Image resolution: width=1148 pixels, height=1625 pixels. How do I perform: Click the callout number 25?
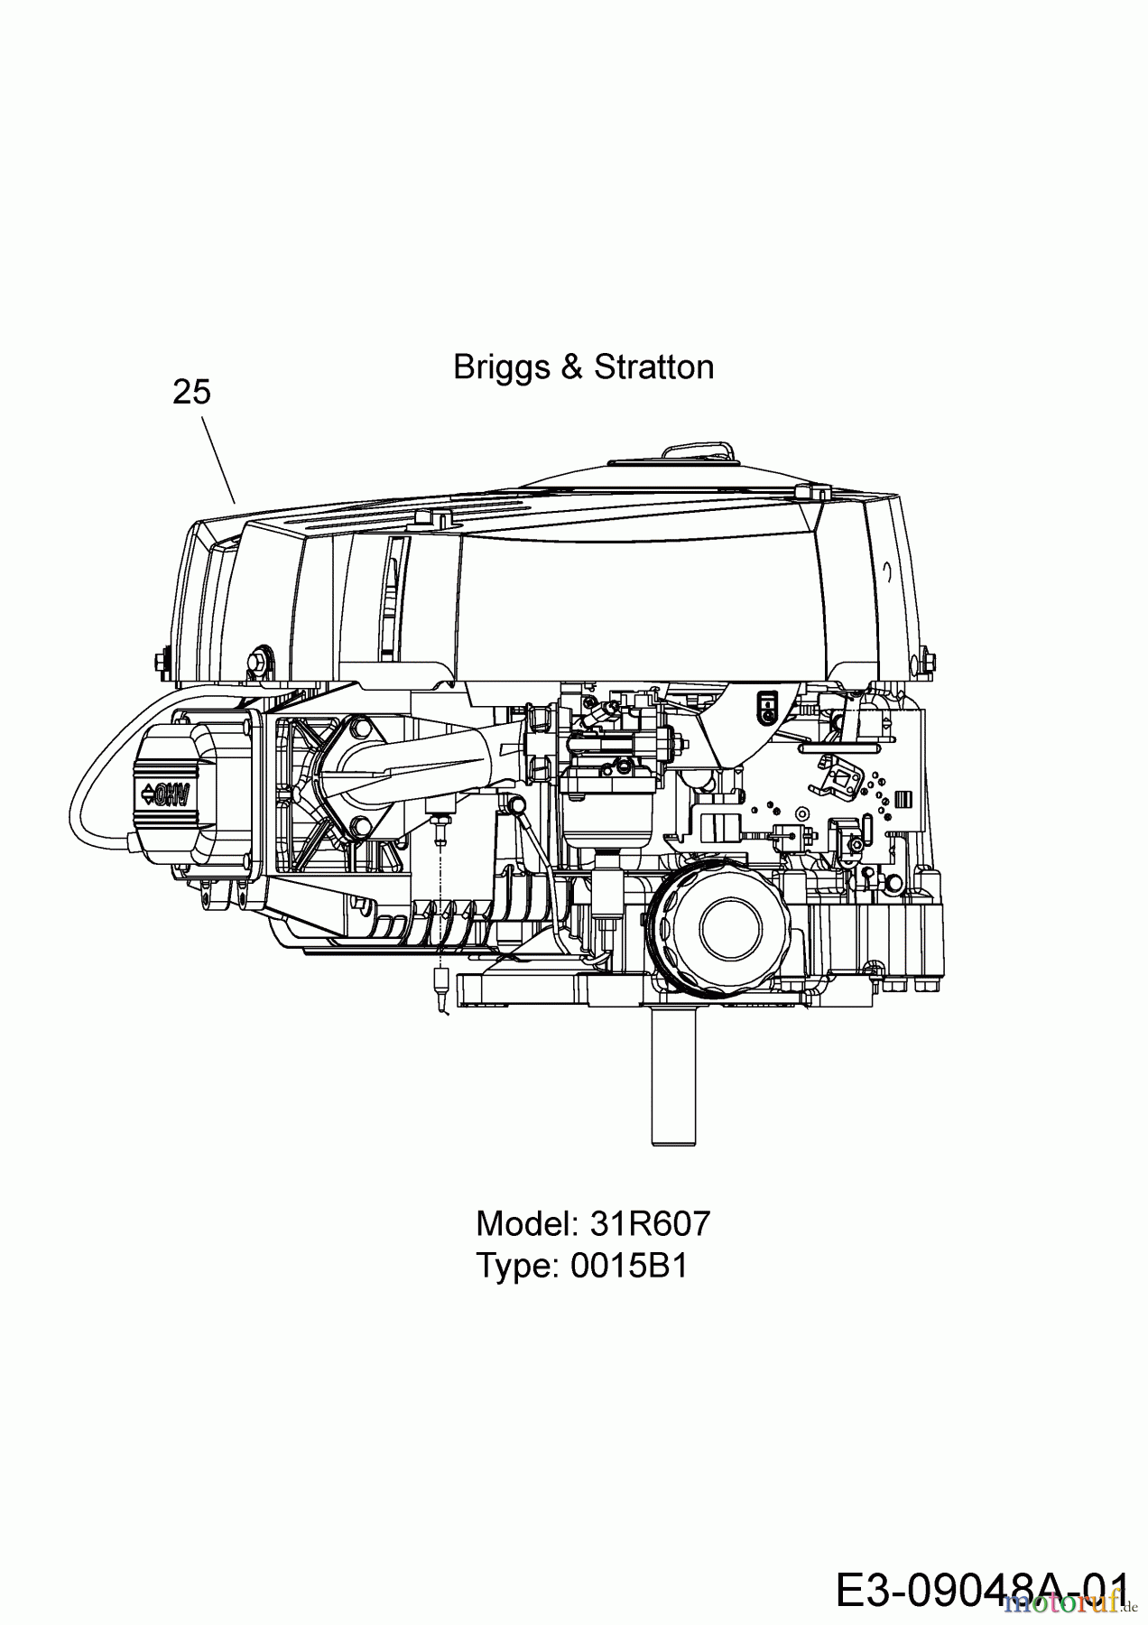(191, 392)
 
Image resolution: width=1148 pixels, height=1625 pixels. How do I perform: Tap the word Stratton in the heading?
(653, 367)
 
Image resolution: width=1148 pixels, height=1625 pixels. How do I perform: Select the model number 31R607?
(650, 1224)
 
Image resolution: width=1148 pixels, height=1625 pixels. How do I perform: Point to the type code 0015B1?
(629, 1266)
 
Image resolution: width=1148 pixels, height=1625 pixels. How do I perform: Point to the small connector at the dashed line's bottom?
(440, 979)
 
